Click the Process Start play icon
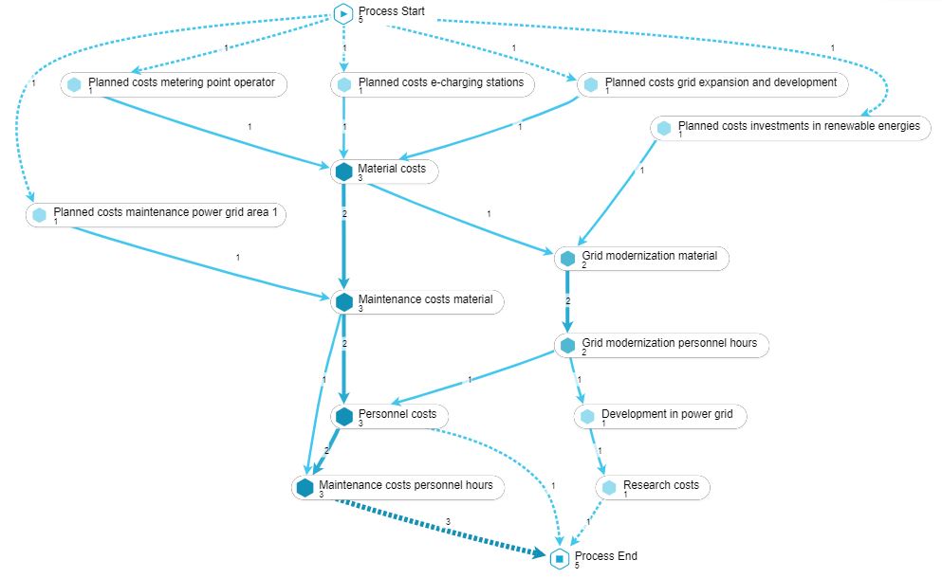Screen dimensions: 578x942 click(343, 14)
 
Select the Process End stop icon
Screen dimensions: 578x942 click(560, 559)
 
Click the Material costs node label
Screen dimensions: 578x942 click(392, 169)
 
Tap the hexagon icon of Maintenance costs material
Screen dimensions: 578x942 click(343, 302)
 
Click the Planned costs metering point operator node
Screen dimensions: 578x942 click(181, 83)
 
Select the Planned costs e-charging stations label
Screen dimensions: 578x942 click(440, 82)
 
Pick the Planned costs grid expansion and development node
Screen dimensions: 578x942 click(720, 82)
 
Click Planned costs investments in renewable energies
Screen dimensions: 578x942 click(798, 126)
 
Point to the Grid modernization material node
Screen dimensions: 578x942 click(655, 256)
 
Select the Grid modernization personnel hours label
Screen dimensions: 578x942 click(669, 343)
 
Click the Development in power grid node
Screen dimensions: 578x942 click(673, 414)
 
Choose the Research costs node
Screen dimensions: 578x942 click(660, 485)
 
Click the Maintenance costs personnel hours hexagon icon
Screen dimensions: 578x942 click(305, 488)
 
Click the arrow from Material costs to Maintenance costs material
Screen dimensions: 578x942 click(343, 237)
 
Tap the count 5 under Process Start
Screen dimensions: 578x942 click(361, 20)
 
